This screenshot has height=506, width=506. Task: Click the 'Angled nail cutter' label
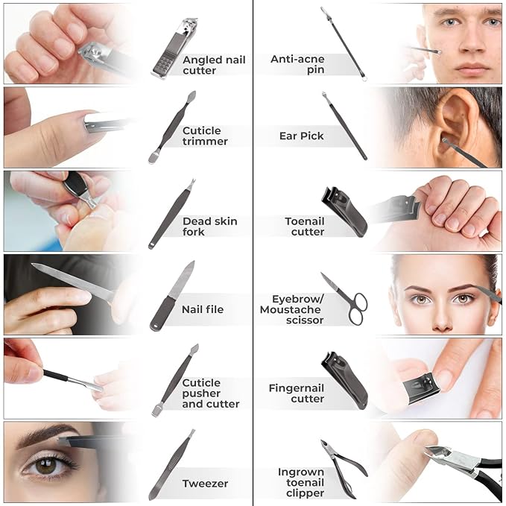click(214, 65)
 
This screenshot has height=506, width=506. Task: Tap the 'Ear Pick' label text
click(301, 136)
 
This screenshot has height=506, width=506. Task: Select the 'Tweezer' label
click(205, 484)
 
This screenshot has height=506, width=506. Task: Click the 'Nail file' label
click(203, 309)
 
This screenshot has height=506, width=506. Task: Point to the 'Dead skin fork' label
click(209, 227)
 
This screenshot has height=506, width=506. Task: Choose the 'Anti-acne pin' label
click(297, 64)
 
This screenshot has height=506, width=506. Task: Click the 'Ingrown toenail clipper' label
click(301, 482)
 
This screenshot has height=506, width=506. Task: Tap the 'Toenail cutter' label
click(305, 227)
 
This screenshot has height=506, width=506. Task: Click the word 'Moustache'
click(290, 310)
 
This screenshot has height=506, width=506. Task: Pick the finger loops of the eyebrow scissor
click(358, 309)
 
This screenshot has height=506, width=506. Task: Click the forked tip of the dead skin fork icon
click(192, 183)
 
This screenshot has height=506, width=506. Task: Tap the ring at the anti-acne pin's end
click(364, 78)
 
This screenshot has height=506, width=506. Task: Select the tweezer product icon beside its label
click(172, 465)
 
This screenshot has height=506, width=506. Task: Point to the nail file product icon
click(172, 296)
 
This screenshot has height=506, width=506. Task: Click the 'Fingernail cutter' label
click(297, 393)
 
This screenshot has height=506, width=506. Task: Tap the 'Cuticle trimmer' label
click(205, 136)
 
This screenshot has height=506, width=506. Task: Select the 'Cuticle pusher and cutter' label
click(210, 393)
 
